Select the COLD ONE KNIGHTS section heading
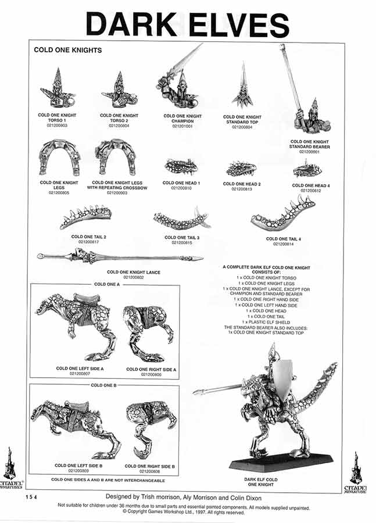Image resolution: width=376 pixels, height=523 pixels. (67, 51)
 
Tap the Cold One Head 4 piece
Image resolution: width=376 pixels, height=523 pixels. (307, 169)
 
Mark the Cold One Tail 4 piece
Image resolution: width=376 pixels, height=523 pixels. (283, 214)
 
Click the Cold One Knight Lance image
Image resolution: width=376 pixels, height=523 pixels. (120, 256)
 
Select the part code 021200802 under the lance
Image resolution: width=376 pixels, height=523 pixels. (134, 277)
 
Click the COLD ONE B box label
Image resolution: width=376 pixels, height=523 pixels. (105, 385)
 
